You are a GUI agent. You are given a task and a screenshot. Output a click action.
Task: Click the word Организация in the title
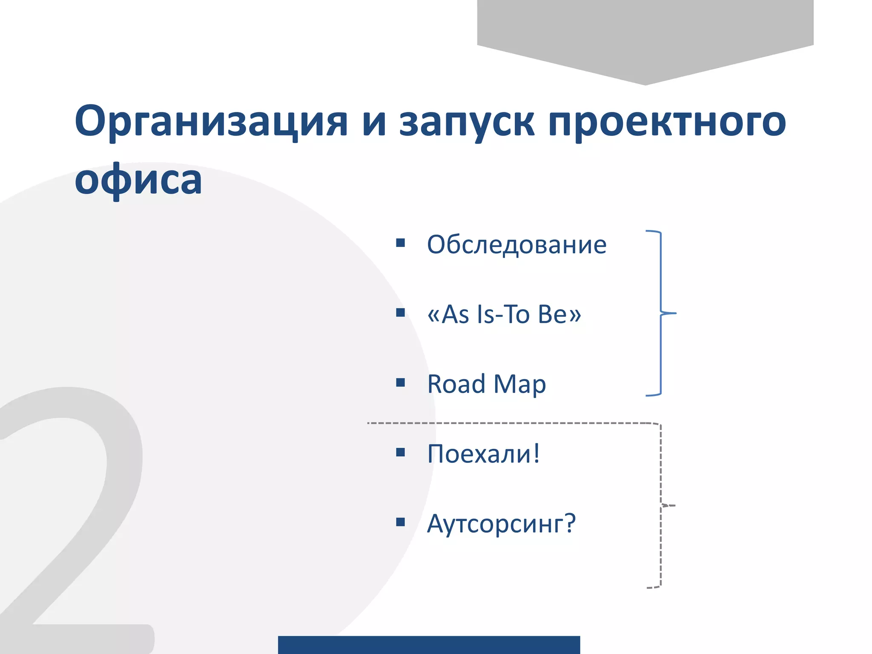(x=211, y=122)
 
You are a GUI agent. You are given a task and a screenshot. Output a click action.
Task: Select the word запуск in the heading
(x=467, y=122)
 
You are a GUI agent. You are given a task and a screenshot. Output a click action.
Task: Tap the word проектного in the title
(x=667, y=122)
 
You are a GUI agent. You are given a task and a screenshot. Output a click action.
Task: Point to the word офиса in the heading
(x=138, y=180)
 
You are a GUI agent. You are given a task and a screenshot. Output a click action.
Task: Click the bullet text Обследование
(x=516, y=245)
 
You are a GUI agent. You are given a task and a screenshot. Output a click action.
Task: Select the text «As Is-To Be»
(x=504, y=314)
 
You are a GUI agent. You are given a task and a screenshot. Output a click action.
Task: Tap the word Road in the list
(x=456, y=384)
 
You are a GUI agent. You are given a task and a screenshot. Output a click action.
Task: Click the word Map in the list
(x=519, y=384)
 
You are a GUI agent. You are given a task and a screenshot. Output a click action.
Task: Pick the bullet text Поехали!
(x=484, y=454)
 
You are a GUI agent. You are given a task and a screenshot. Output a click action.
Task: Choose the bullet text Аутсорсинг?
(x=501, y=523)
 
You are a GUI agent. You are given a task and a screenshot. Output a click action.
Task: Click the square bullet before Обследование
(x=400, y=243)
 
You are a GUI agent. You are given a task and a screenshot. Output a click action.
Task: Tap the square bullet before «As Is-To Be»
(x=400, y=313)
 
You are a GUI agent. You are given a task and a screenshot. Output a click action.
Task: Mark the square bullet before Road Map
(x=400, y=382)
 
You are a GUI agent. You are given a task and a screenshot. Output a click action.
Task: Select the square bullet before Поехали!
(x=400, y=452)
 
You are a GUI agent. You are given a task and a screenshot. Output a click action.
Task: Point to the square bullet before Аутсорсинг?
(x=400, y=522)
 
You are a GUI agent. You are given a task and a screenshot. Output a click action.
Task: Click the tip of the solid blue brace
(x=674, y=313)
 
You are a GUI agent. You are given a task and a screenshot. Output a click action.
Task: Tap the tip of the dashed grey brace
(x=674, y=506)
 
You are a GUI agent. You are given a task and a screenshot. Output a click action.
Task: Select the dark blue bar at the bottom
(x=429, y=645)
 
